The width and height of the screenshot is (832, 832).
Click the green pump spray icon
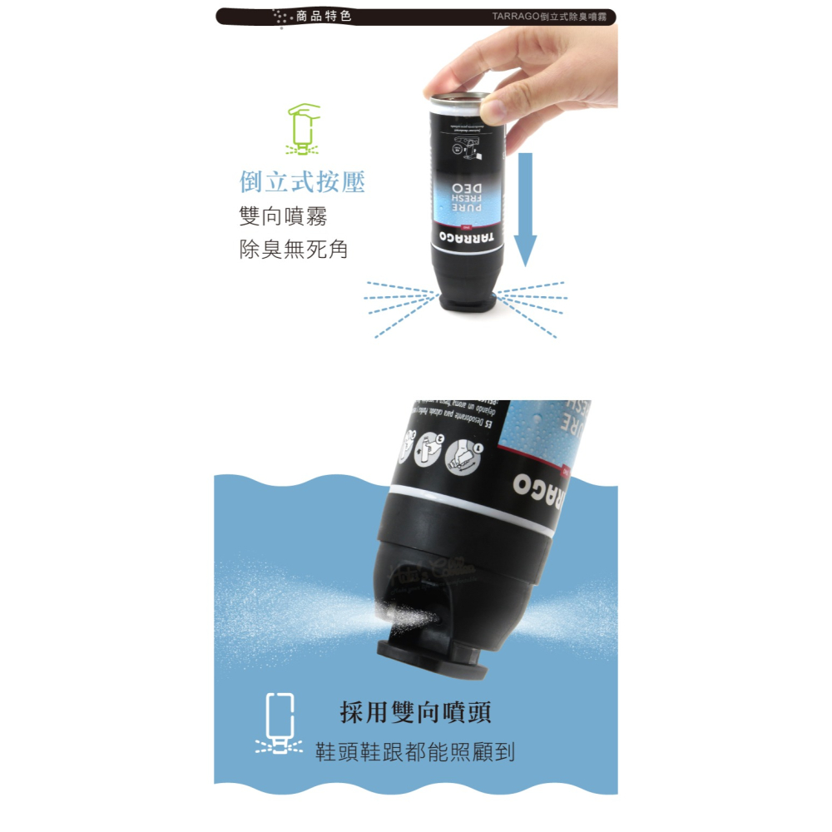pyautogui.click(x=302, y=131)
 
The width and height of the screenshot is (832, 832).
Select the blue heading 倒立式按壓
pyautogui.click(x=302, y=182)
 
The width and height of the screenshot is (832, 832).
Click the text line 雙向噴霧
pyautogui.click(x=283, y=216)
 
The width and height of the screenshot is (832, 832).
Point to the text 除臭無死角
pyautogui.click(x=293, y=249)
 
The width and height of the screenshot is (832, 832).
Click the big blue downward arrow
pyautogui.click(x=525, y=208)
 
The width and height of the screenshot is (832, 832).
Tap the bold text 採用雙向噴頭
pyautogui.click(x=415, y=712)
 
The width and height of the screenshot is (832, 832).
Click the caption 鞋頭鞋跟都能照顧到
pyautogui.click(x=415, y=753)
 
